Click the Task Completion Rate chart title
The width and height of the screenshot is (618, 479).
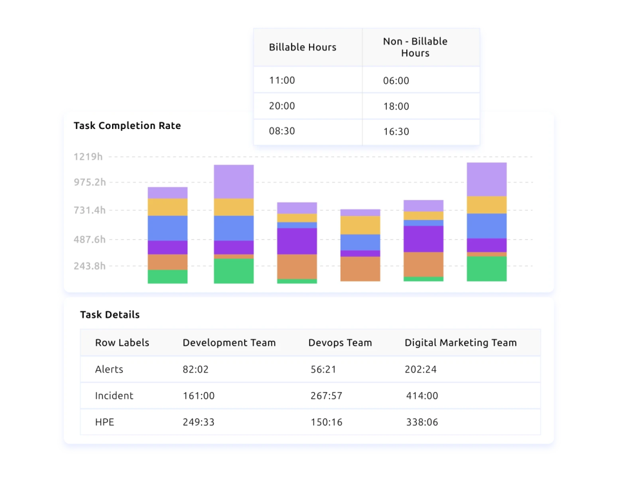pos(127,126)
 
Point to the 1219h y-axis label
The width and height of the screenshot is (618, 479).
pos(88,157)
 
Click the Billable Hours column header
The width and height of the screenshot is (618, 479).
pos(303,47)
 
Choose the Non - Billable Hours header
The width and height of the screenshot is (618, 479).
pos(415,47)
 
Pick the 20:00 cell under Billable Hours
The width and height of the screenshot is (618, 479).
pos(282,106)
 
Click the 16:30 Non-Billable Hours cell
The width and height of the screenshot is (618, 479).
pos(396,132)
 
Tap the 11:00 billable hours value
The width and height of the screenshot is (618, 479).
pos(282,81)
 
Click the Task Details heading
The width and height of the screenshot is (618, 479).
pos(109,315)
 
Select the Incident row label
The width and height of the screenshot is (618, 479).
pos(114,396)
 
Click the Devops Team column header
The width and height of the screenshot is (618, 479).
pos(340,343)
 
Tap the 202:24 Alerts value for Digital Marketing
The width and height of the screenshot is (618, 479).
pos(422,369)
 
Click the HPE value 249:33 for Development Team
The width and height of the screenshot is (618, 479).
pos(198,422)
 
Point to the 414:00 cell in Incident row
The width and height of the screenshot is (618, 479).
pos(422,396)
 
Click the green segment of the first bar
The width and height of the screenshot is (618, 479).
pos(167,277)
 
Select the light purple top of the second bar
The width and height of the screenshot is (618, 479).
pos(234,181)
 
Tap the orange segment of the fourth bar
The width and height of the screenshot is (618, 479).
pos(360,269)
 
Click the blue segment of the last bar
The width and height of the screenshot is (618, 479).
pos(487,226)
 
